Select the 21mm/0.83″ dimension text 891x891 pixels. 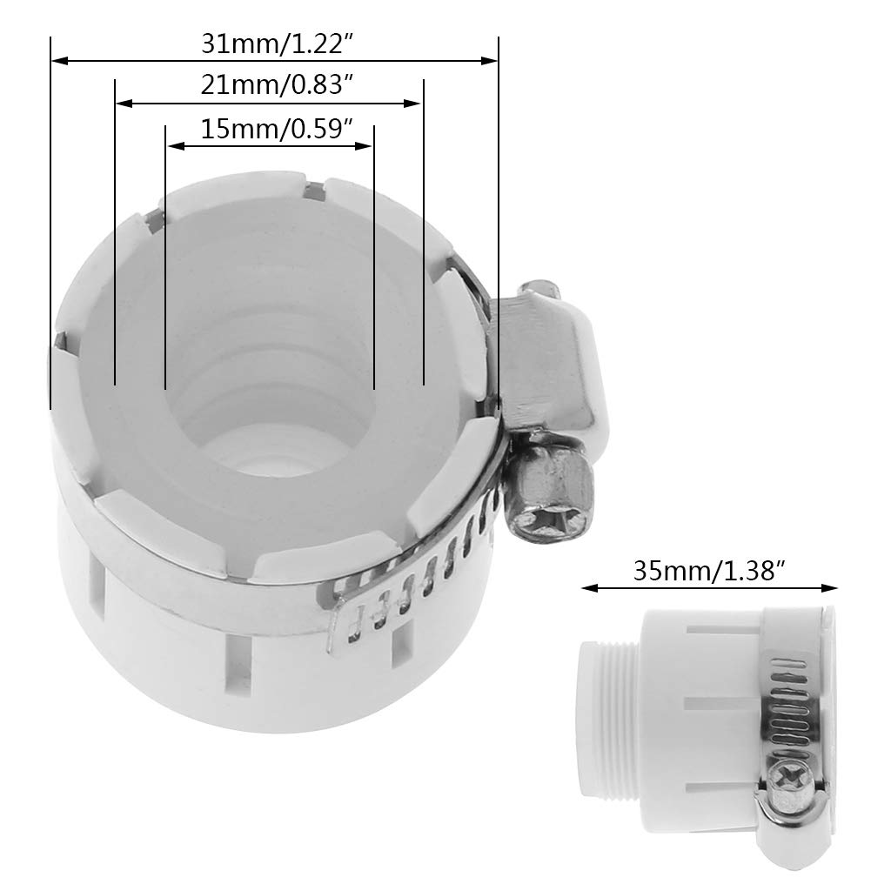click(x=269, y=85)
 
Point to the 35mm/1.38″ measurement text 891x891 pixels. click(x=709, y=571)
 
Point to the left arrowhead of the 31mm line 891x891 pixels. click(x=57, y=60)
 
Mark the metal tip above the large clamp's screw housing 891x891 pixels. click(x=537, y=286)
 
